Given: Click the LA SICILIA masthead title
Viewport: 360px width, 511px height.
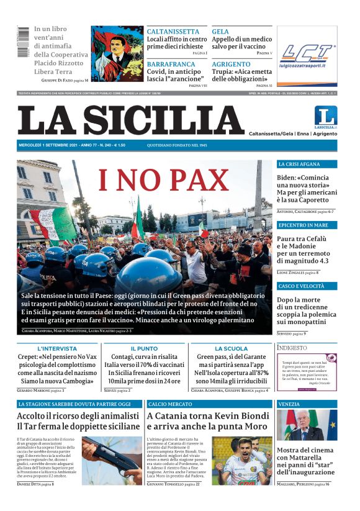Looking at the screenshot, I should pyautogui.click(x=130, y=120).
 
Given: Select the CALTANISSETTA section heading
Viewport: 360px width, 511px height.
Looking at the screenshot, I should pyautogui.click(x=173, y=32).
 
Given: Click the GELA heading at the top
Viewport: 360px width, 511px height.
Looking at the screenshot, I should pyautogui.click(x=220, y=32).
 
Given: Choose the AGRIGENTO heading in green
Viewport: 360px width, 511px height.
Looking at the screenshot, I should pyautogui.click(x=231, y=64).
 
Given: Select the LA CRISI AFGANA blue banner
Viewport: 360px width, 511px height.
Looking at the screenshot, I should pyautogui.click(x=307, y=164).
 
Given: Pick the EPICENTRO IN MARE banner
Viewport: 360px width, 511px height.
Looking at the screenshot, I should pyautogui.click(x=307, y=225).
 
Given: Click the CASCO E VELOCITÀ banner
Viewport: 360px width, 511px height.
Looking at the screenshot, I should pyautogui.click(x=307, y=286).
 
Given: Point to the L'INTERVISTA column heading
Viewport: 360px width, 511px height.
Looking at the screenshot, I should pyautogui.click(x=57, y=349).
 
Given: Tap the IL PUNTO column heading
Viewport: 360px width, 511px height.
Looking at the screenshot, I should pyautogui.click(x=144, y=349).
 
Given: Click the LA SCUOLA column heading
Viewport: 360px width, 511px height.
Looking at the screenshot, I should pyautogui.click(x=231, y=349).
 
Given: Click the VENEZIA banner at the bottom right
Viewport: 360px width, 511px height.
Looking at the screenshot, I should pyautogui.click(x=307, y=404).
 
